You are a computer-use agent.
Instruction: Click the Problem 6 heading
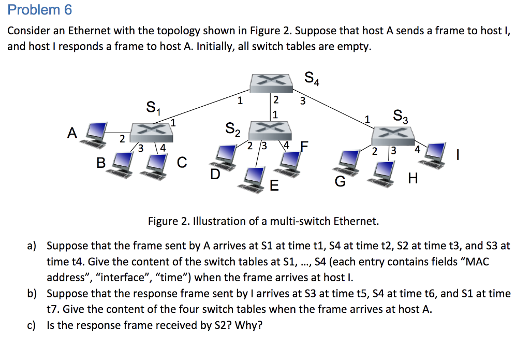(40, 10)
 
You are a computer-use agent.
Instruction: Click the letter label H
(413, 179)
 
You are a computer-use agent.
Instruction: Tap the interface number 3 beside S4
(304, 101)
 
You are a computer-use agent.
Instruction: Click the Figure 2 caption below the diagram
(263, 222)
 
